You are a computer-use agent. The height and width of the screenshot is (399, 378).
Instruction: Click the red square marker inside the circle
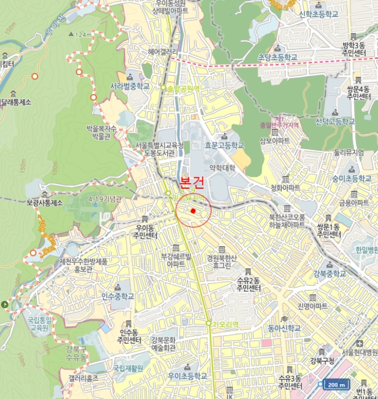pyautogui.click(x=193, y=211)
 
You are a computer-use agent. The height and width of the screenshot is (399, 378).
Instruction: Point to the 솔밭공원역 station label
pyautogui.click(x=182, y=88)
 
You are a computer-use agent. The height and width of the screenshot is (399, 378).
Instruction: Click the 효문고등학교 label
pyautogui.click(x=225, y=145)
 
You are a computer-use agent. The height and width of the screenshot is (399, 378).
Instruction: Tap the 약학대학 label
pyautogui.click(x=222, y=168)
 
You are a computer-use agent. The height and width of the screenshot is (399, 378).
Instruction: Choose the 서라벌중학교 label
pyautogui.click(x=130, y=86)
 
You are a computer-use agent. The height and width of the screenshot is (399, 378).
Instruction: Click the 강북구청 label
pyautogui.click(x=322, y=360)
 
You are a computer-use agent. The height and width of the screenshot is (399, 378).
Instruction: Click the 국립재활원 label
pyautogui.click(x=128, y=368)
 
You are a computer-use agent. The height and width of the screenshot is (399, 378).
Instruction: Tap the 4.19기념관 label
pyautogui.click(x=105, y=199)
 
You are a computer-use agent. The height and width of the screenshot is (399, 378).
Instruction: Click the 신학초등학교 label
pyautogui.click(x=320, y=15)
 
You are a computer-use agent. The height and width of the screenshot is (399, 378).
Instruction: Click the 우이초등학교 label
pyautogui.click(x=188, y=376)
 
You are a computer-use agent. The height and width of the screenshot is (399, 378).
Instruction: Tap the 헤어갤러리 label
pyautogui.click(x=162, y=51)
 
